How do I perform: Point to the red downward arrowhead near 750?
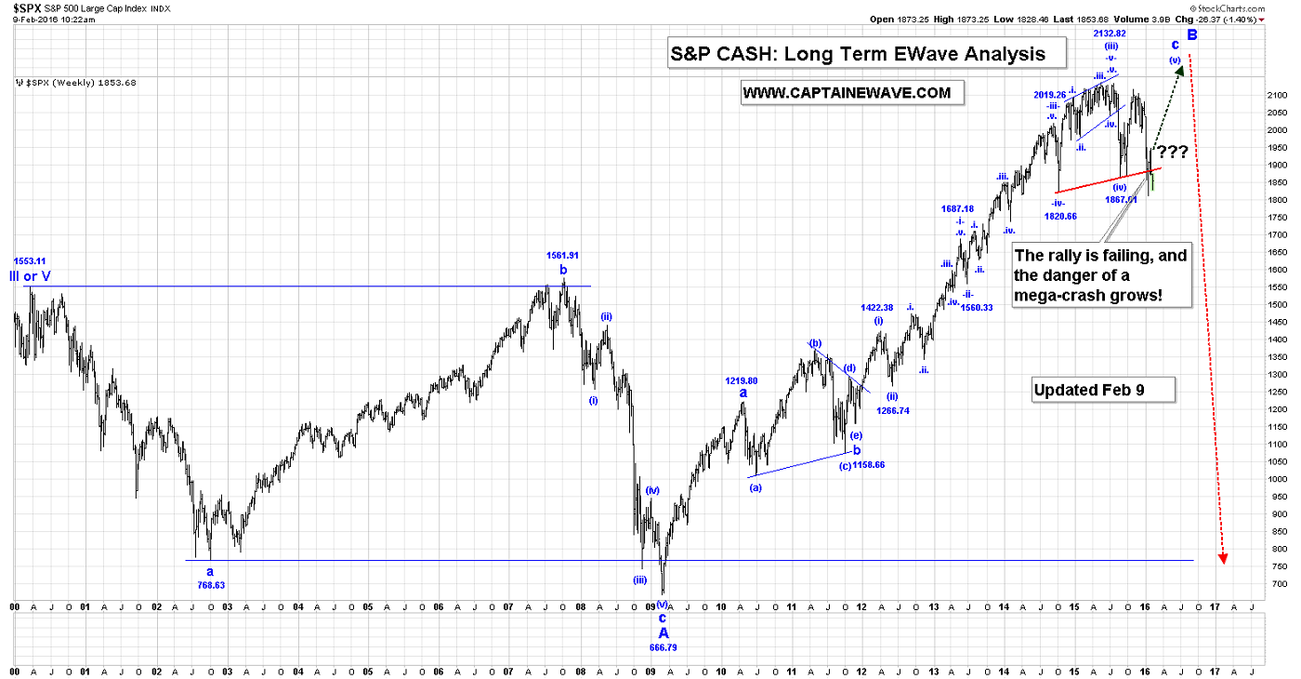pyautogui.click(x=1223, y=556)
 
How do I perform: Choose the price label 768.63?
pyautogui.click(x=211, y=585)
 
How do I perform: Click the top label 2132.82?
pyautogui.click(x=1110, y=33)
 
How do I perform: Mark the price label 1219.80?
pyautogui.click(x=742, y=380)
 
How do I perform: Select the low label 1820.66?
pyautogui.click(x=1059, y=216)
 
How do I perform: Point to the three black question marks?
pyautogui.click(x=1173, y=152)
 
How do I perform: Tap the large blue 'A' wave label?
pyautogui.click(x=663, y=632)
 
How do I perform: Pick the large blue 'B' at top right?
pyautogui.click(x=1192, y=35)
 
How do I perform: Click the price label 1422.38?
pyautogui.click(x=878, y=308)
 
